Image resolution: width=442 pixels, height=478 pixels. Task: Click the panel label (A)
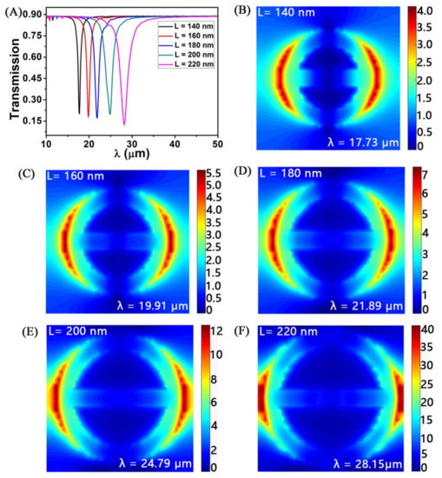pyautogui.click(x=11, y=8)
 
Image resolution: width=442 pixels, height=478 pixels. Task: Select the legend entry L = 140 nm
pyautogui.click(x=188, y=28)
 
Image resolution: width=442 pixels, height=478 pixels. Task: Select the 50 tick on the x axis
pyautogui.click(x=216, y=143)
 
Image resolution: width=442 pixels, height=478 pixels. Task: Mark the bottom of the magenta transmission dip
pyautogui.click(x=124, y=124)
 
